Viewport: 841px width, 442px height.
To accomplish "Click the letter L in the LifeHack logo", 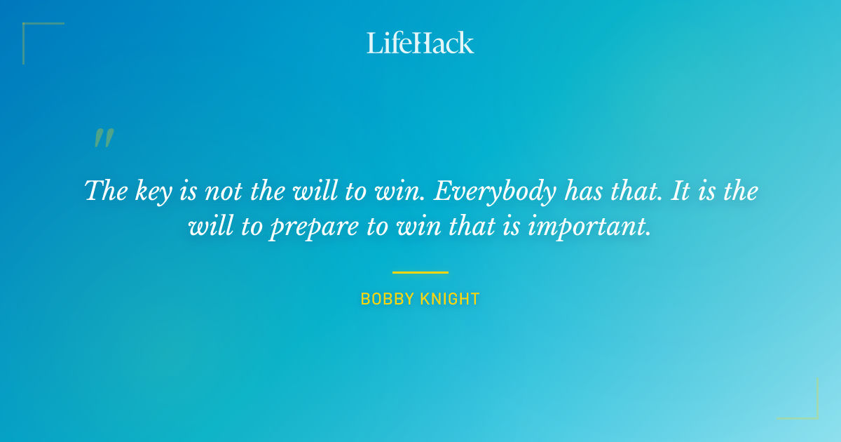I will pos(373,43).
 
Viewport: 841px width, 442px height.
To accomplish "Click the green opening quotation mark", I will pos(104,138).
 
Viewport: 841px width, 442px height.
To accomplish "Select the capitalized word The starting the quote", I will pos(104,191).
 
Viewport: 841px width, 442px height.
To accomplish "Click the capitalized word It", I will pos(681,191).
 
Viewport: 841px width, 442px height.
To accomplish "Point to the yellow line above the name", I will pos(420,272).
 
